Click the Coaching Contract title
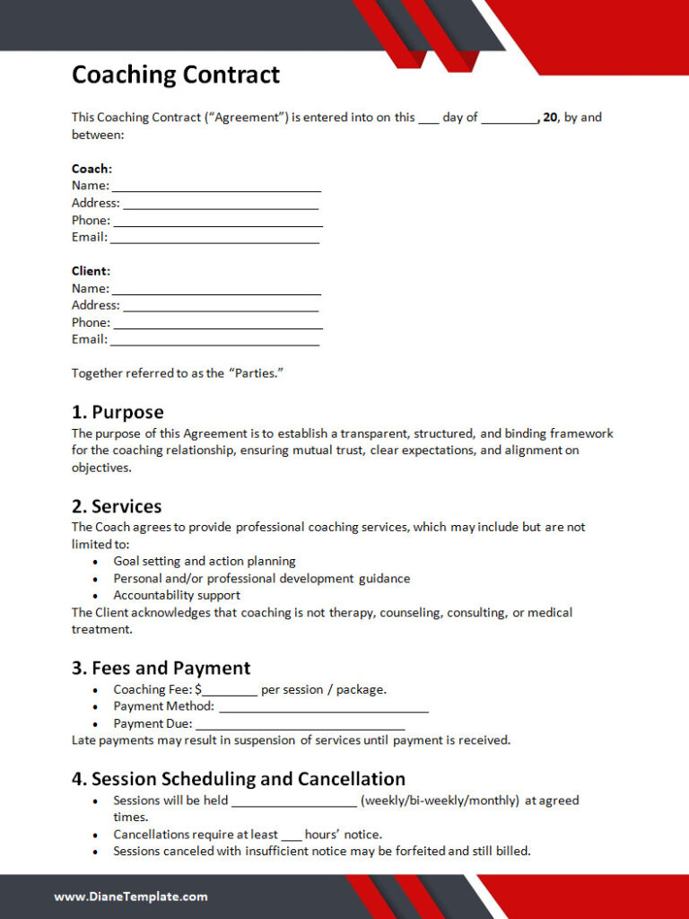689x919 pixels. pyautogui.click(x=176, y=74)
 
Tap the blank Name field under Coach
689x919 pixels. pyautogui.click(x=216, y=187)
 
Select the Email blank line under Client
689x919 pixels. pyautogui.click(x=214, y=341)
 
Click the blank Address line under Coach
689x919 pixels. pyautogui.click(x=221, y=204)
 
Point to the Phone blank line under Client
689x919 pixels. pyautogui.click(x=218, y=324)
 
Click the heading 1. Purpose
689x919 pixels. pyautogui.click(x=118, y=413)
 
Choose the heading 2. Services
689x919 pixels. pyautogui.click(x=117, y=507)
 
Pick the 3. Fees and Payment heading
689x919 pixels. pyautogui.click(x=161, y=669)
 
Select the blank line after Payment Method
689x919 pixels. pyautogui.click(x=324, y=708)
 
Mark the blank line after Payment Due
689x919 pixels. pyautogui.click(x=300, y=725)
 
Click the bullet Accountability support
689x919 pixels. pyautogui.click(x=177, y=595)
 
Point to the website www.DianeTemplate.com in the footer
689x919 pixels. pyautogui.click(x=131, y=897)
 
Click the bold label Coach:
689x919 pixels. pyautogui.click(x=92, y=169)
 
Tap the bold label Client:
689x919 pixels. pyautogui.click(x=91, y=271)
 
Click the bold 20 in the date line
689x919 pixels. pyautogui.click(x=550, y=118)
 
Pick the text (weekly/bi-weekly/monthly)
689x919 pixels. pyautogui.click(x=440, y=801)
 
